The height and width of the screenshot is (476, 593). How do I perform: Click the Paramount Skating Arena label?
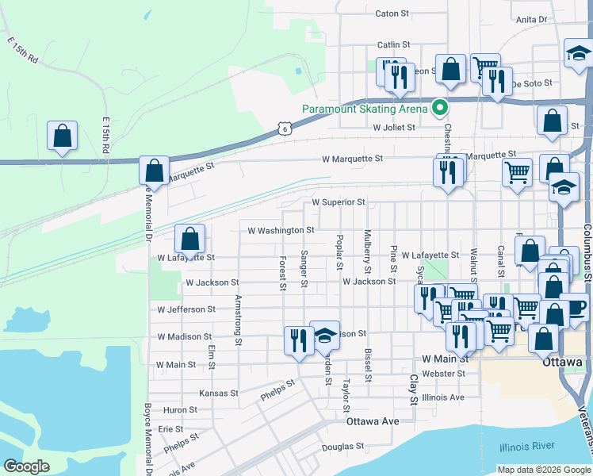[365, 109]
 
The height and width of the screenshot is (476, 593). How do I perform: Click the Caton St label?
[392, 13]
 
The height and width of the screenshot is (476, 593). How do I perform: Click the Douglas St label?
[342, 447]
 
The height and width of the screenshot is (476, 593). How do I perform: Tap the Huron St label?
[181, 410]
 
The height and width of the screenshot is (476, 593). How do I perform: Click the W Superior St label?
[339, 202]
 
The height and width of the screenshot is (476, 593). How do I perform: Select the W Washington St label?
[281, 231]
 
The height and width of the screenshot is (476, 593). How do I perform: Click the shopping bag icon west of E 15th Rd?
[62, 136]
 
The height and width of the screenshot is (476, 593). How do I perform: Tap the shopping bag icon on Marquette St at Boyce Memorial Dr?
[154, 171]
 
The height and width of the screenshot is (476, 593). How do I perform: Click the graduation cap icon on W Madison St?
[324, 336]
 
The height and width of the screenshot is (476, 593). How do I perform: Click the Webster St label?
[444, 373]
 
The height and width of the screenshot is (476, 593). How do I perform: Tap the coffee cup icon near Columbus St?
[573, 309]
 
